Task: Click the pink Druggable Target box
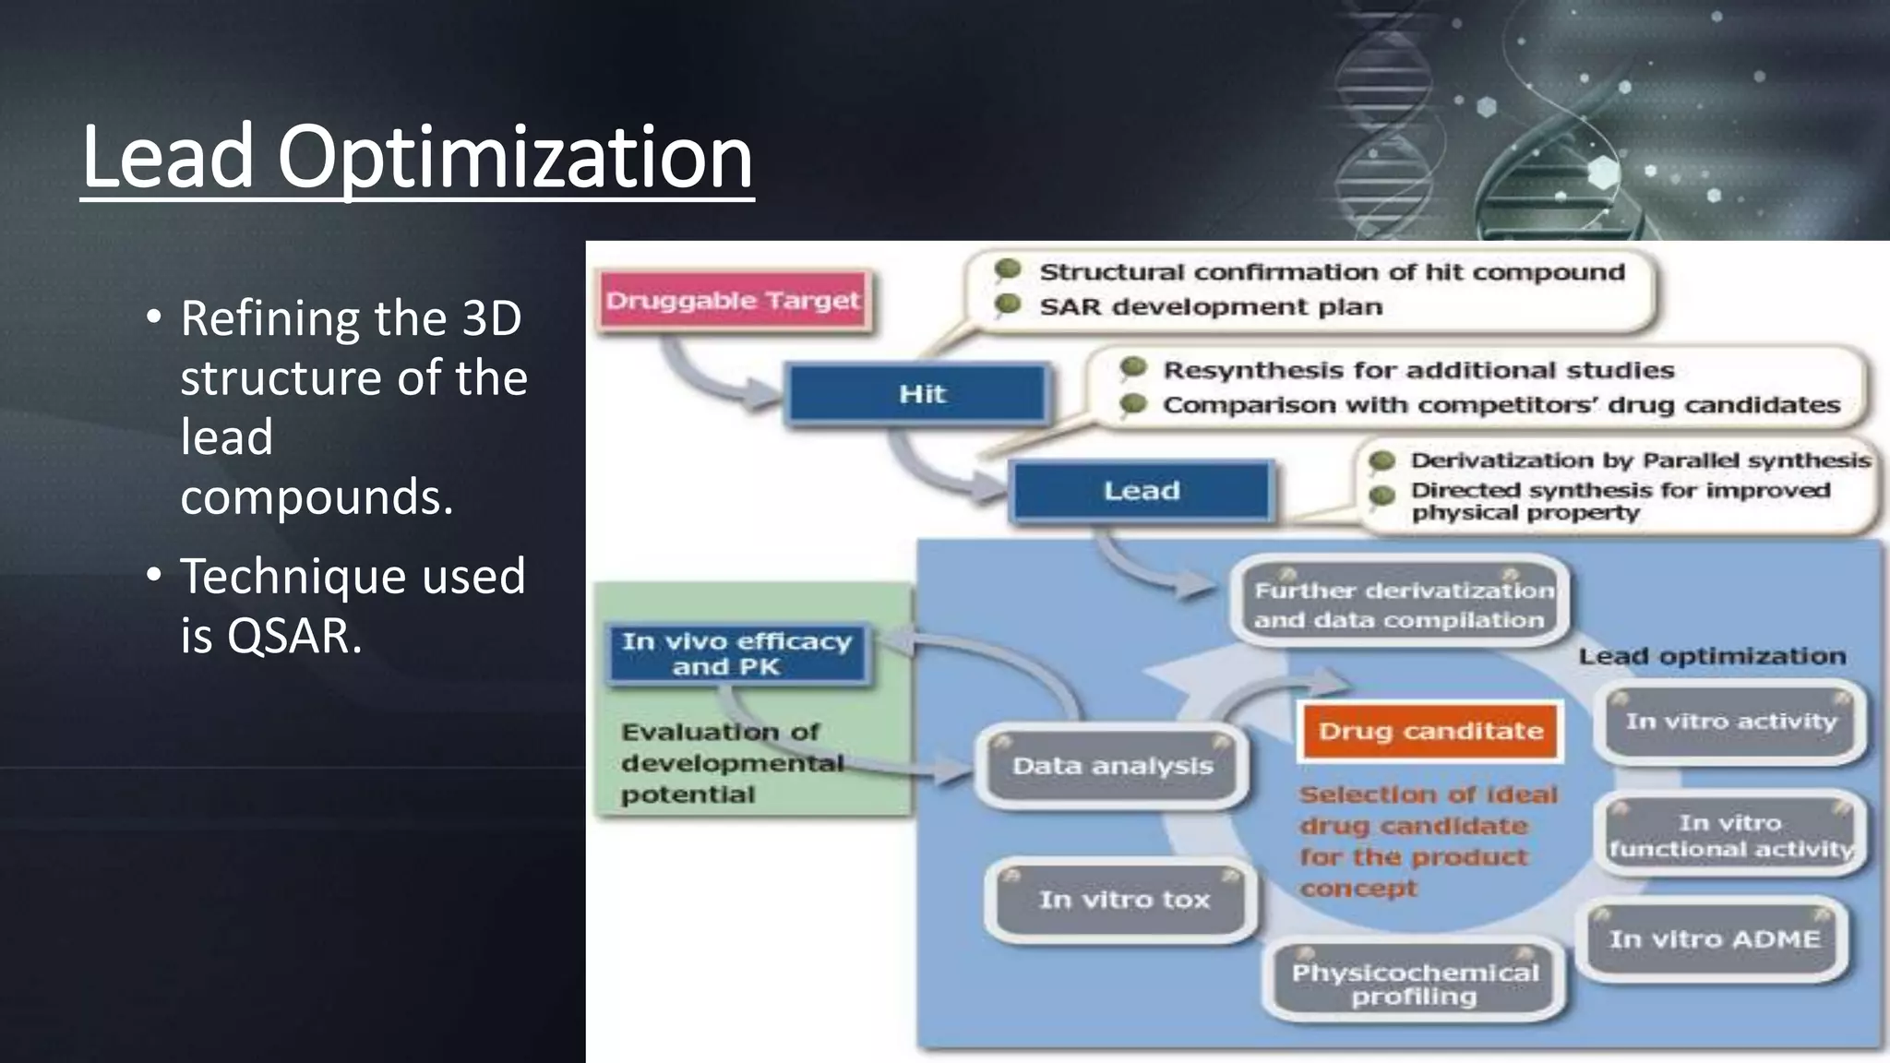(x=734, y=301)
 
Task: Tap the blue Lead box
(x=1142, y=491)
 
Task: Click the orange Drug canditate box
(x=1429, y=731)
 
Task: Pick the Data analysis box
(x=1112, y=766)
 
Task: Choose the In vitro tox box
(x=1123, y=900)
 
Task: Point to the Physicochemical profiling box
(x=1415, y=985)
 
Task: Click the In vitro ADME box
(x=1715, y=939)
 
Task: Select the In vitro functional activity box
(x=1730, y=835)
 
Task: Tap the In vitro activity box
(x=1731, y=722)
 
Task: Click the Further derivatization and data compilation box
(x=1400, y=604)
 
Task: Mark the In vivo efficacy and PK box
(x=736, y=653)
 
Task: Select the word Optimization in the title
(x=515, y=157)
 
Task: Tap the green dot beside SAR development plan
(x=1008, y=305)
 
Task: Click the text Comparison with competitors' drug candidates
(x=1501, y=405)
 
